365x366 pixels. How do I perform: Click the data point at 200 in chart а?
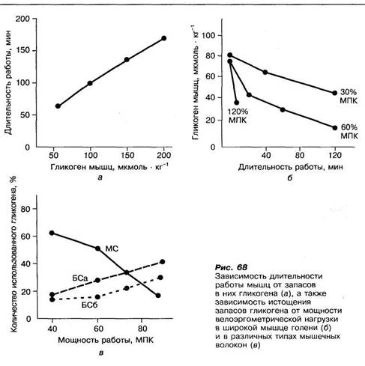click(164, 38)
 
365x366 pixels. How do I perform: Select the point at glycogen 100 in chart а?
click(90, 83)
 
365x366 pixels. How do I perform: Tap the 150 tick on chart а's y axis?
click(23, 51)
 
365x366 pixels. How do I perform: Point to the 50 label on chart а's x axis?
click(53, 155)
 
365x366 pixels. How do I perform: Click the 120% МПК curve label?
click(238, 116)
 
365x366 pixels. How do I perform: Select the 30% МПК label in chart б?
click(349, 97)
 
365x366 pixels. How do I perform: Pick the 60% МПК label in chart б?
click(349, 132)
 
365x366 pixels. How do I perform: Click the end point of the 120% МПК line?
click(237, 103)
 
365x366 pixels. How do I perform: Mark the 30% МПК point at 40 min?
click(265, 72)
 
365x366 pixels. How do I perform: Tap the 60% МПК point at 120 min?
click(335, 128)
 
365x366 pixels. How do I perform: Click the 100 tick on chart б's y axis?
click(208, 35)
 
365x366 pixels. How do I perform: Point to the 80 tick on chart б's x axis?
click(300, 155)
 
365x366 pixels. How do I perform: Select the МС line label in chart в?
click(112, 248)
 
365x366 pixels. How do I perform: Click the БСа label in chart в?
click(80, 278)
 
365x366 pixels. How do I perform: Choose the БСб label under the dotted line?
click(89, 305)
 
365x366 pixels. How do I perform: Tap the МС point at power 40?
click(52, 233)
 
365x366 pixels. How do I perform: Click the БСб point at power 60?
click(97, 297)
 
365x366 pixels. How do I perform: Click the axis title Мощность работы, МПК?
click(106, 340)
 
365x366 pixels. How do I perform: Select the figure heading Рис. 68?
click(231, 267)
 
